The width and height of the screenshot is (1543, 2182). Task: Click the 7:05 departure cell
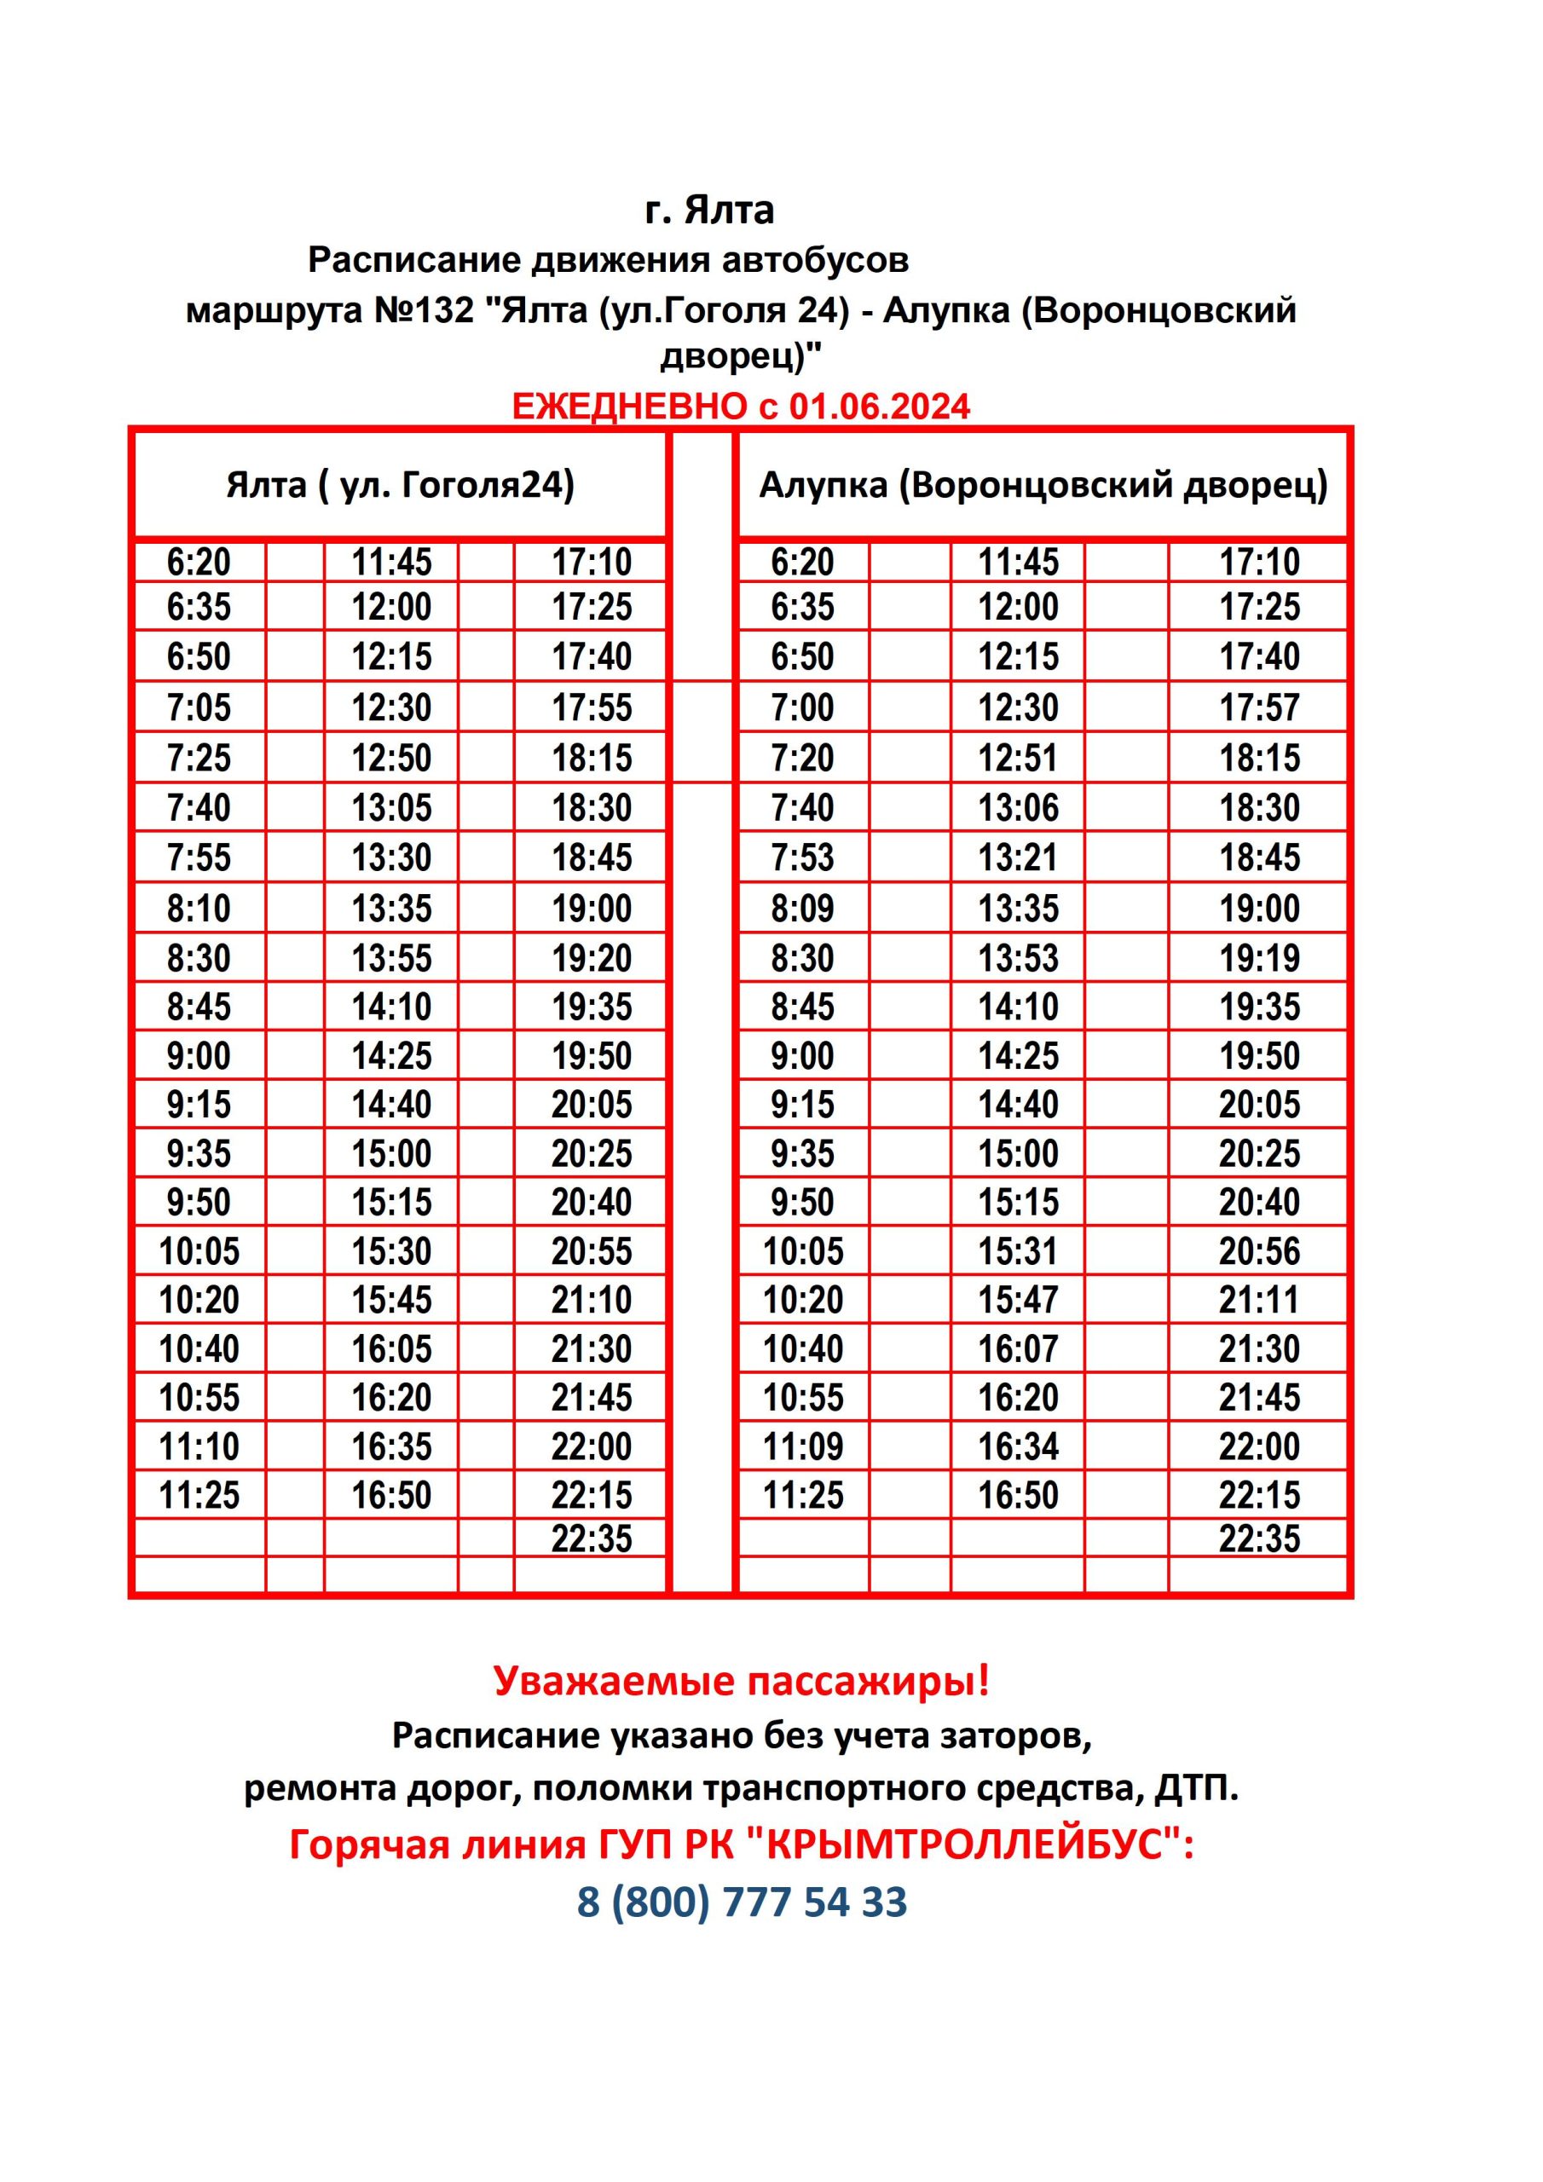click(x=199, y=707)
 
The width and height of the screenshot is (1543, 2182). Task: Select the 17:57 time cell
click(x=1259, y=707)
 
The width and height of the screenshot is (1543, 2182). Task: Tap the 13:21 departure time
click(x=1017, y=857)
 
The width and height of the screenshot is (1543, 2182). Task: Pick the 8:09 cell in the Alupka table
click(x=802, y=909)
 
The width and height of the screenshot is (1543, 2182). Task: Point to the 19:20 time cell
click(x=592, y=958)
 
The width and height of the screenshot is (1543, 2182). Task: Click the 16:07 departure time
click(x=1017, y=1348)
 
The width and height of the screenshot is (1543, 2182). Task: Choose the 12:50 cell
click(x=391, y=758)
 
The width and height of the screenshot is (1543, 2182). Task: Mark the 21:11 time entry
click(x=1259, y=1299)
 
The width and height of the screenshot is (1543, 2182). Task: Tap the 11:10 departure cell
click(x=199, y=1446)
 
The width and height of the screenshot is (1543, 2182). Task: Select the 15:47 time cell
click(x=1017, y=1299)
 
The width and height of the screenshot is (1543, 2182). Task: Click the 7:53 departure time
click(x=802, y=857)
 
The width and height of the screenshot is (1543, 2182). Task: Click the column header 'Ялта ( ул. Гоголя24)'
click(x=401, y=486)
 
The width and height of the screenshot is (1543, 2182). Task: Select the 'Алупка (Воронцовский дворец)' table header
click(x=1043, y=486)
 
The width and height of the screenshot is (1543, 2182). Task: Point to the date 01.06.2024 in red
click(x=880, y=407)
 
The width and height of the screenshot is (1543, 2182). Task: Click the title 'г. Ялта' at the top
click(x=709, y=210)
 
